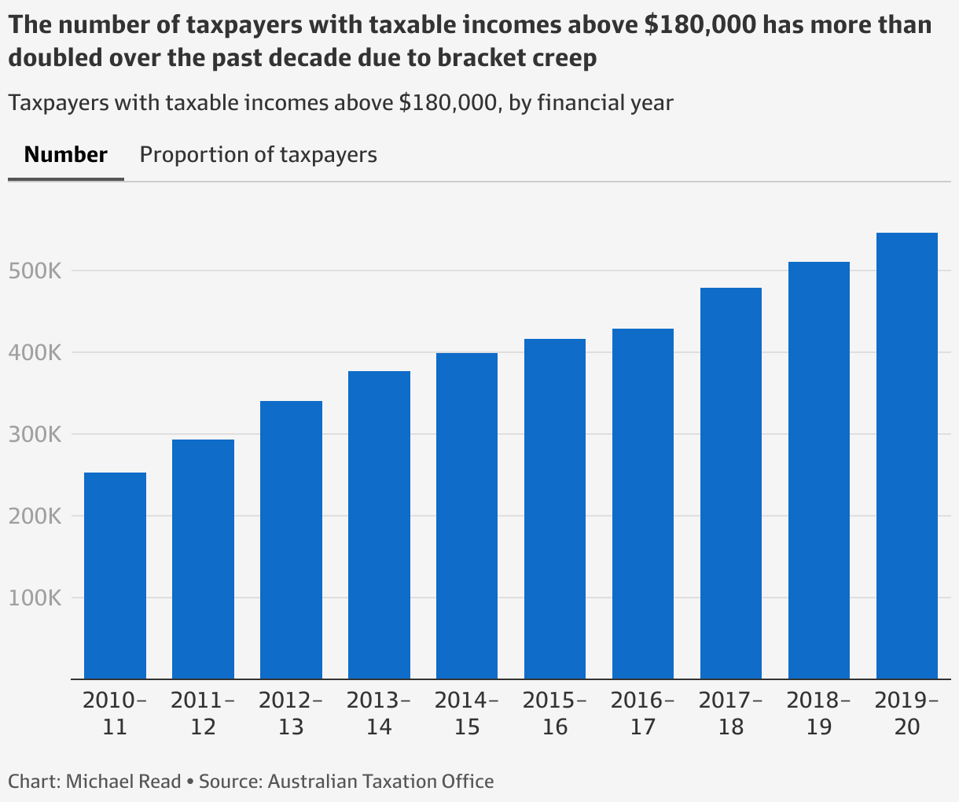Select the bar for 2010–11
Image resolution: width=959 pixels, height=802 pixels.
(x=115, y=576)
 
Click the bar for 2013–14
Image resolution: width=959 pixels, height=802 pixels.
(x=379, y=525)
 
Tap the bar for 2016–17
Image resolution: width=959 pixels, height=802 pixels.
(x=643, y=504)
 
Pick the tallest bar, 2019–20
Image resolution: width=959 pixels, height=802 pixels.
(x=907, y=456)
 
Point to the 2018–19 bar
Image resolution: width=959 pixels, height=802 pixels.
(x=819, y=470)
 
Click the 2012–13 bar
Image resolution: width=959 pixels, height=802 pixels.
(x=291, y=540)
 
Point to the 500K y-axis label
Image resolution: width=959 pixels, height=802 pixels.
(x=34, y=271)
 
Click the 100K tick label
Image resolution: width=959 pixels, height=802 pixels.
(x=34, y=598)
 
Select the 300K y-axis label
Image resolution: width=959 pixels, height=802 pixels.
(x=34, y=435)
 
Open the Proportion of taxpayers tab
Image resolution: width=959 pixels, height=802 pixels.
(x=258, y=155)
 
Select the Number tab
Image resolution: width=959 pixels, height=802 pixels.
(x=66, y=155)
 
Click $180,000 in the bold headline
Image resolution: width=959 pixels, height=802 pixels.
(x=700, y=25)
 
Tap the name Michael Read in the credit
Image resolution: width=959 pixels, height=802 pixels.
(x=123, y=782)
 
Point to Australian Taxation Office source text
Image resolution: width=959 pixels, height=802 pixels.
(x=380, y=782)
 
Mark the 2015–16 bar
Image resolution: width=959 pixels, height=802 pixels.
(x=555, y=509)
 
